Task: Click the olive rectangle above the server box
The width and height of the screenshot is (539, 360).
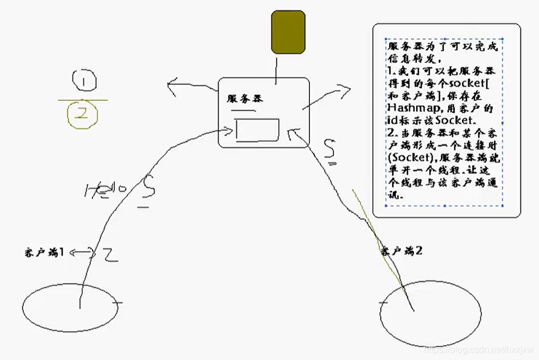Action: click(x=288, y=32)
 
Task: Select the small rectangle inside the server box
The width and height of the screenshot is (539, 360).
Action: click(x=257, y=129)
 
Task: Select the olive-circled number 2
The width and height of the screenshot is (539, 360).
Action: click(x=83, y=114)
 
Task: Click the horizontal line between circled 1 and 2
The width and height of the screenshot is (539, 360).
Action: click(x=83, y=100)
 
